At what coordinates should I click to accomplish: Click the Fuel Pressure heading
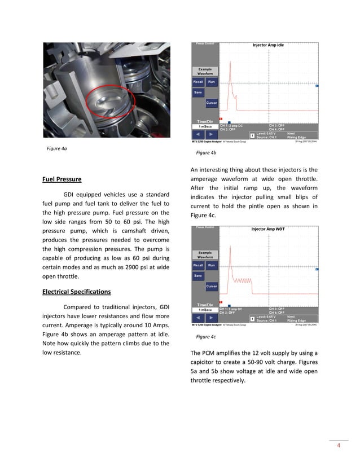pyautogui.click(x=62, y=180)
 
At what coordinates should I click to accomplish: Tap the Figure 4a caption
pyautogui.click(x=57, y=149)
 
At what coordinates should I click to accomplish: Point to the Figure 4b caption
pyautogui.click(x=206, y=153)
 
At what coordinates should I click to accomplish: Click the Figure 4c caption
pyautogui.click(x=206, y=337)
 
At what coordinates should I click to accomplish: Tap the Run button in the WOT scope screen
pyautogui.click(x=212, y=265)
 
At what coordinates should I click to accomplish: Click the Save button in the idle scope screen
pyautogui.click(x=198, y=92)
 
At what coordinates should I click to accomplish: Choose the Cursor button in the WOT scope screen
pyautogui.click(x=211, y=287)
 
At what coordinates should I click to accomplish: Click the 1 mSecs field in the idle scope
pyautogui.click(x=204, y=126)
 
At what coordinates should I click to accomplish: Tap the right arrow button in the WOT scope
pyautogui.click(x=210, y=319)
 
